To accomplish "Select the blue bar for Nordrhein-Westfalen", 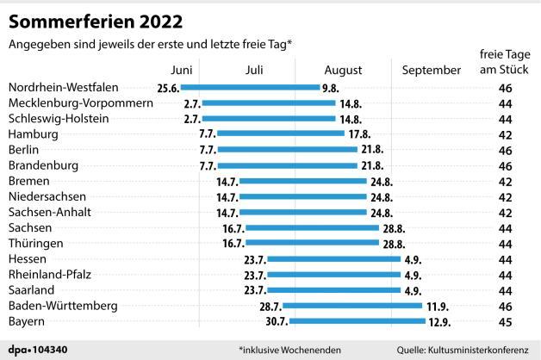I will [249, 88].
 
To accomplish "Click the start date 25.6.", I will [167, 88].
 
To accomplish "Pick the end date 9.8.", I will [329, 88].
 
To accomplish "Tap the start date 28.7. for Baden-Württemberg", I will [270, 306].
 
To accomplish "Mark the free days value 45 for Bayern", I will [506, 321].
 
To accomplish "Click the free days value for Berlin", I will [506, 150].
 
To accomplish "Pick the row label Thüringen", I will [36, 244].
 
